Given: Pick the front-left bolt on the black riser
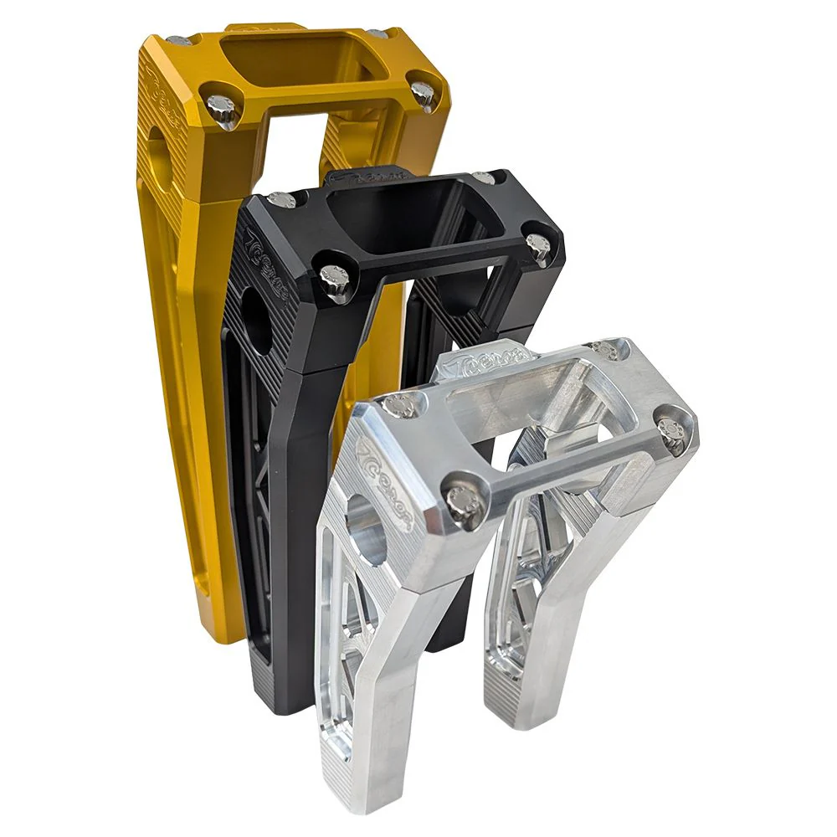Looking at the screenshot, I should (x=336, y=280).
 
